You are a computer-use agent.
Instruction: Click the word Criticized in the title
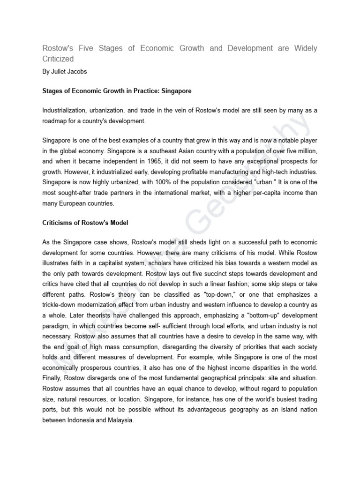point(58,59)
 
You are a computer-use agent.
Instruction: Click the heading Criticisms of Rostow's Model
point(85,222)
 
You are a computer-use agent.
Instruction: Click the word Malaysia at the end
point(120,420)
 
